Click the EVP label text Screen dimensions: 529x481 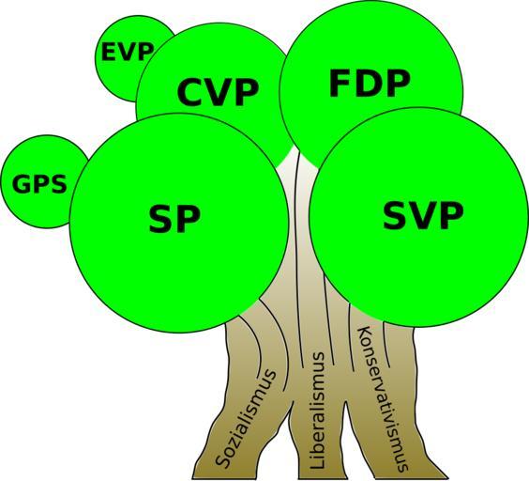pos(128,52)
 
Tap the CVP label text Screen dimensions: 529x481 pos(218,92)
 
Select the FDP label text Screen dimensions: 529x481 pos(370,84)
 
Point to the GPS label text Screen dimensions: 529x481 pos(39,184)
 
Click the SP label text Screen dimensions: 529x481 pos(174,218)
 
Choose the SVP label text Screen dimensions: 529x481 pos(423,215)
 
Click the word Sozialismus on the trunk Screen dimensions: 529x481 pos(246,419)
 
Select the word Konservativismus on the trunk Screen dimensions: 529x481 pos(383,399)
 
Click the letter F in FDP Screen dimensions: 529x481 pos(339,84)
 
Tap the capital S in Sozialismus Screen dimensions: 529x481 pos(222,460)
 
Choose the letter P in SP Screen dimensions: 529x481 pos(189,219)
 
